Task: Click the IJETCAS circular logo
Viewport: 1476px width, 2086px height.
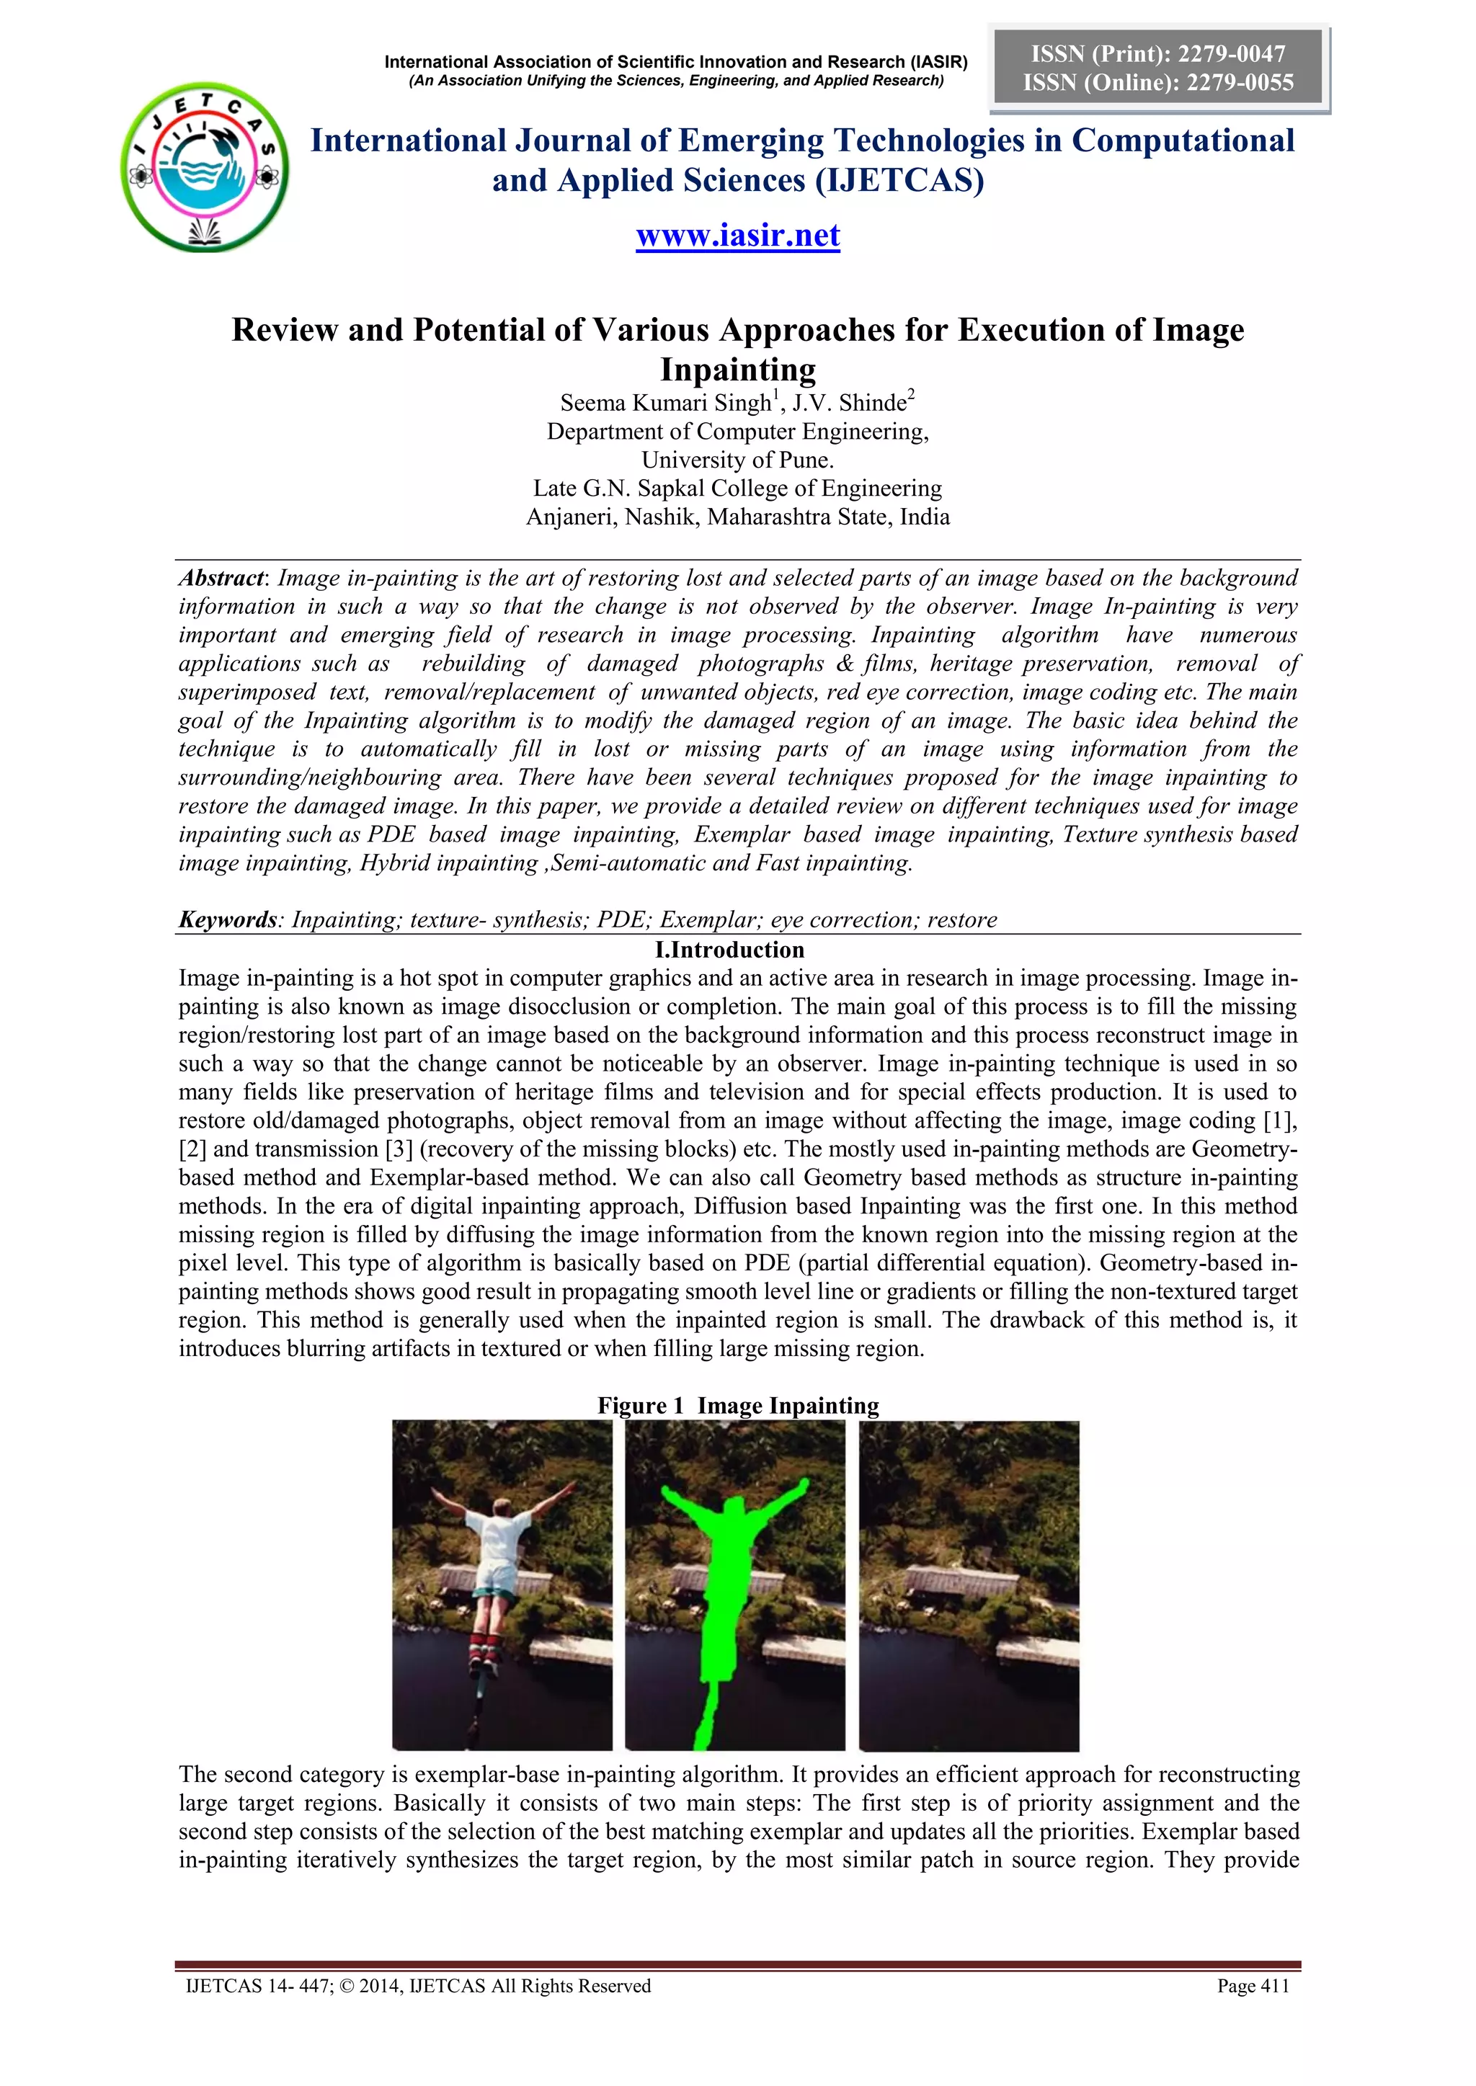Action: point(205,167)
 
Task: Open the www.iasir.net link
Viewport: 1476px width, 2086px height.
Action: point(737,236)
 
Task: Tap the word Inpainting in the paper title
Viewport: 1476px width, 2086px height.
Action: point(737,370)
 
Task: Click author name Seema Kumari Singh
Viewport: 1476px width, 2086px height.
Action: point(665,403)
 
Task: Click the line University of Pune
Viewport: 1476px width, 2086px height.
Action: point(737,460)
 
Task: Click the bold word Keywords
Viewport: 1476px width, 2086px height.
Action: point(226,919)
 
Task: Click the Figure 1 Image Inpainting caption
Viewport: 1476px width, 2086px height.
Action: point(737,1406)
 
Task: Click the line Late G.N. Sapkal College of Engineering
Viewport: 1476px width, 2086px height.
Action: point(737,489)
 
